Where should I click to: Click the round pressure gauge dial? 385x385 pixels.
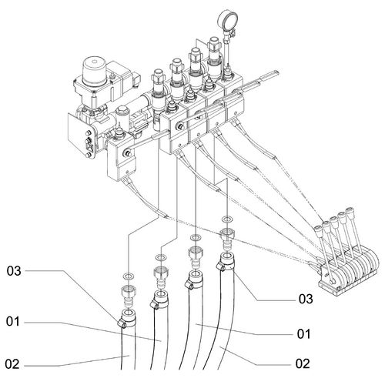(x=227, y=19)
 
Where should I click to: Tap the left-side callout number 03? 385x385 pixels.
(x=14, y=271)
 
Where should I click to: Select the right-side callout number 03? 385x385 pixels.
(x=306, y=299)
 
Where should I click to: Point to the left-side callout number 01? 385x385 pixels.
(x=13, y=321)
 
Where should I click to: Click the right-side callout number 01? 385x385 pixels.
(x=304, y=334)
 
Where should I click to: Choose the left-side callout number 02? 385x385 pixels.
(x=12, y=364)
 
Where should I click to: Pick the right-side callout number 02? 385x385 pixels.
(x=303, y=363)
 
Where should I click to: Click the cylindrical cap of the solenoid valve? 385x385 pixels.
(x=94, y=71)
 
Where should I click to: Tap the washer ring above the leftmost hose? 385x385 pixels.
(x=129, y=276)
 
